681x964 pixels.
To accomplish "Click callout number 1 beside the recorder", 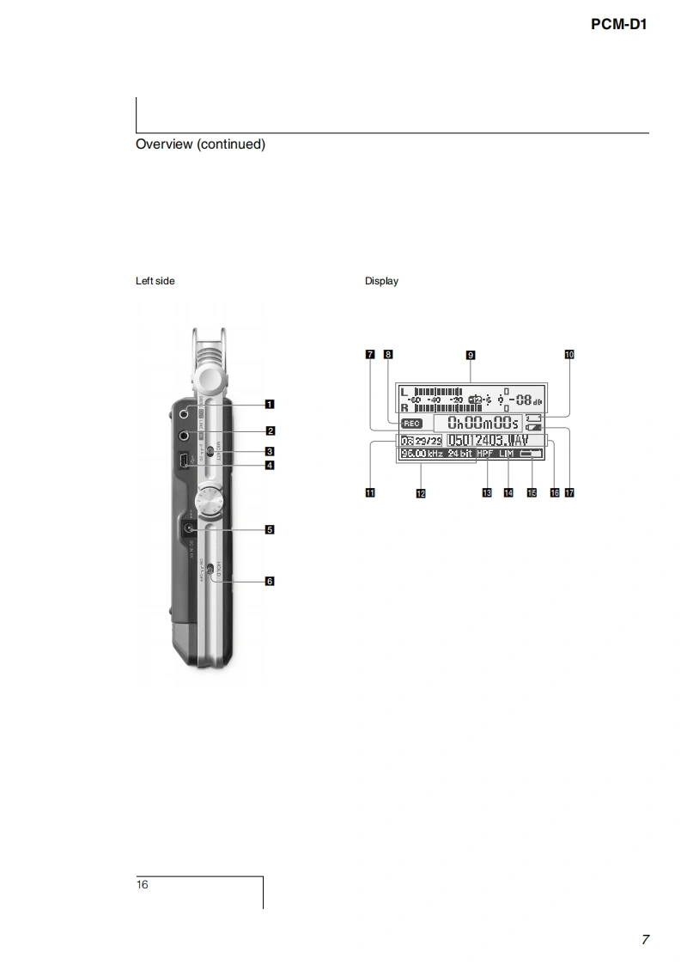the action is coord(270,404).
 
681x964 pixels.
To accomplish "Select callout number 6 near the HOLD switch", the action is coord(270,582).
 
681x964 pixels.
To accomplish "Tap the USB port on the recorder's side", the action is coord(184,463).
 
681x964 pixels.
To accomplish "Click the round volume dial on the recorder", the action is coord(210,501).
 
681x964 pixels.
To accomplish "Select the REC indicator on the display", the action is coord(412,424).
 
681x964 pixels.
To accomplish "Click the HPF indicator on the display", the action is coord(486,453).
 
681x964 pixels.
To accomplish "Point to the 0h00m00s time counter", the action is coord(477,423).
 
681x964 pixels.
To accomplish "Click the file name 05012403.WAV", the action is coord(488,440).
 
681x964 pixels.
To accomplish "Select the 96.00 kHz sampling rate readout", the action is coord(421,453).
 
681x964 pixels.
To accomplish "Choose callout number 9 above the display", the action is coord(471,354).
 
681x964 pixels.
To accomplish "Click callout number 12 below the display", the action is coord(421,493).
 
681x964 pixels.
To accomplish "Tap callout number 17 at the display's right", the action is coord(569,492).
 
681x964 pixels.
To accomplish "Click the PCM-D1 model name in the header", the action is coord(618,24).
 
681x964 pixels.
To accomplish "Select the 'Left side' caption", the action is coord(155,281).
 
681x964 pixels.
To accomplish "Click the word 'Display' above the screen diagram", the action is coord(381,281).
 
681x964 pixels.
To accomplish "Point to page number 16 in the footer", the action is coord(142,885).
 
